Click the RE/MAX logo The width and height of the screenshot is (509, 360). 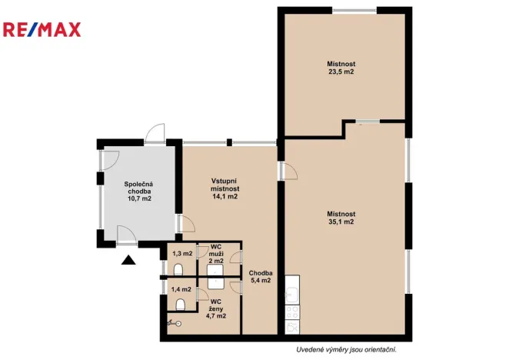(x=42, y=29)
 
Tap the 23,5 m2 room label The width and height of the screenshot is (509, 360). (x=341, y=68)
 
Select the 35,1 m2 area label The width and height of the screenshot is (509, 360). (x=341, y=218)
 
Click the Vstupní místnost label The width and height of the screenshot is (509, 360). (x=225, y=188)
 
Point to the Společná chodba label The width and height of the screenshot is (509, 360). (x=139, y=192)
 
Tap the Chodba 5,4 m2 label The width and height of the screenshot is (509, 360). (x=261, y=277)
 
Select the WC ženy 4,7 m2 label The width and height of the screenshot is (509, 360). (x=216, y=308)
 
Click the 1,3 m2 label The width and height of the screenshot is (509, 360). (x=182, y=253)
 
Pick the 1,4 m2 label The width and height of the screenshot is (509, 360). (x=181, y=289)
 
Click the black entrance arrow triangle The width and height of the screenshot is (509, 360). (x=128, y=260)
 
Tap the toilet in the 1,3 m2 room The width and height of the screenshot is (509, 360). (x=178, y=270)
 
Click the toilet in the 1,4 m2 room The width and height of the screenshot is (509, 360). (x=181, y=305)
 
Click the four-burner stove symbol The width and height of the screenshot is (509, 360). (x=292, y=312)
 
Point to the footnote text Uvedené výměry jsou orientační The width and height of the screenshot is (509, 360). (x=346, y=349)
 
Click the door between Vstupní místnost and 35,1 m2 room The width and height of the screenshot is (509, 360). (x=288, y=171)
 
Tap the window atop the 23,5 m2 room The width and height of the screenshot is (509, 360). (x=354, y=11)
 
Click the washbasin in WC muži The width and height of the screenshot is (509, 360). (x=215, y=271)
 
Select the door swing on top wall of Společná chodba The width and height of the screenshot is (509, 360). (x=155, y=134)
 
